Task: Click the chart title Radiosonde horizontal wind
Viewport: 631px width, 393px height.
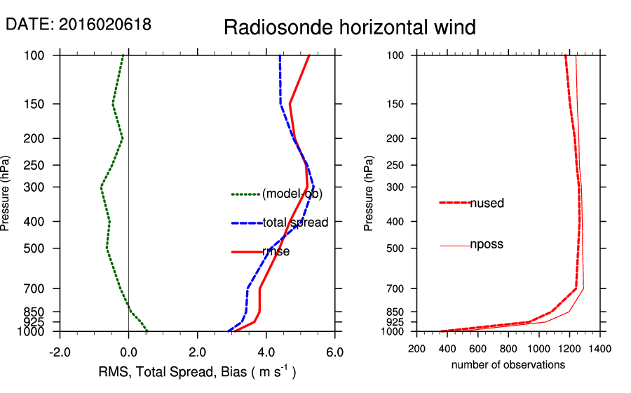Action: click(x=350, y=27)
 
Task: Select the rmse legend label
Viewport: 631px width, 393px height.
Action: click(x=276, y=251)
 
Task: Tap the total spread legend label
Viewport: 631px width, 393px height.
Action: click(x=295, y=223)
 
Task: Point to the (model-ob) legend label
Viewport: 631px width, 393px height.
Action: click(x=292, y=194)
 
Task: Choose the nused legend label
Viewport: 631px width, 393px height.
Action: click(x=487, y=204)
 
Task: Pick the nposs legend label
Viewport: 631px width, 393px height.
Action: click(x=487, y=245)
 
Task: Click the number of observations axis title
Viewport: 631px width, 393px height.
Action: click(x=508, y=365)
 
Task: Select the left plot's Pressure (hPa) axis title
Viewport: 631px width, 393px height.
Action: click(x=6, y=193)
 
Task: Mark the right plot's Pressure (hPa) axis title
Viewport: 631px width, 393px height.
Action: click(x=369, y=193)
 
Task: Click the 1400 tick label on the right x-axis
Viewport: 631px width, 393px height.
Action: click(x=599, y=347)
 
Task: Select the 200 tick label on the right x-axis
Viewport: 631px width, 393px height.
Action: click(x=417, y=347)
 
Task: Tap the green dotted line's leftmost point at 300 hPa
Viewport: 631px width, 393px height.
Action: click(x=101, y=187)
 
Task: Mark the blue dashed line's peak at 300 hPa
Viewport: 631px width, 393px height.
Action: click(x=313, y=187)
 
